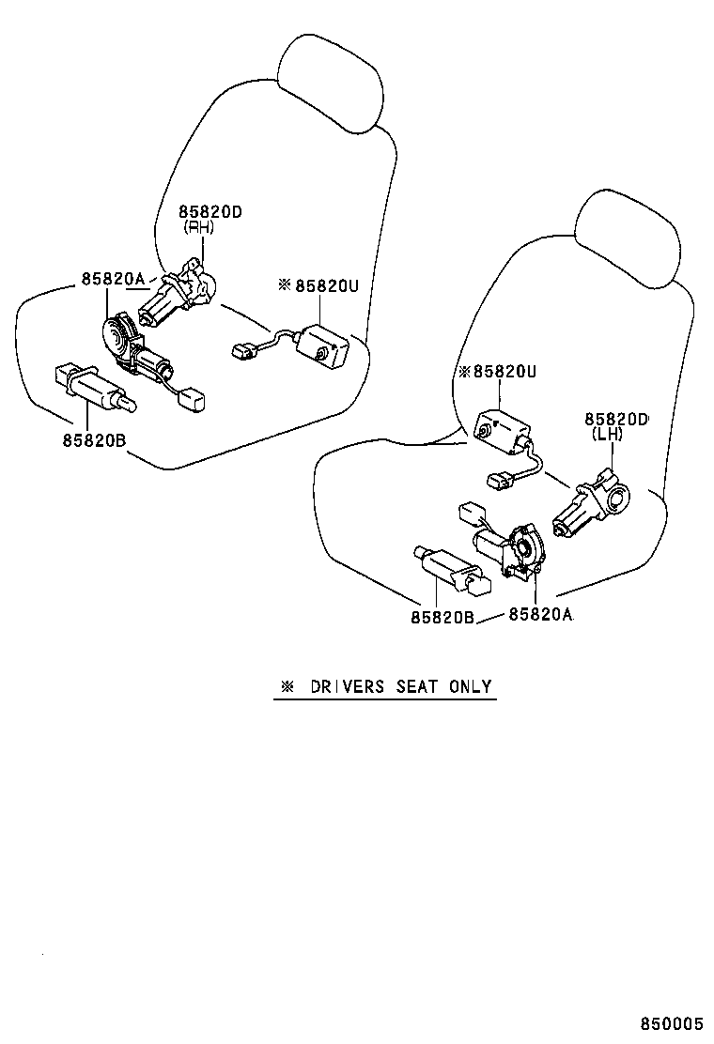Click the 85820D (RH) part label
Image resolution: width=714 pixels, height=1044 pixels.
point(210,219)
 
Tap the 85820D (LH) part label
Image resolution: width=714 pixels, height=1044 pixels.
point(615,426)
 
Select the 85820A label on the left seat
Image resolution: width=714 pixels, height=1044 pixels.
point(113,279)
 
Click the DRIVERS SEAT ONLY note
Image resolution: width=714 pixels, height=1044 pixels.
point(385,686)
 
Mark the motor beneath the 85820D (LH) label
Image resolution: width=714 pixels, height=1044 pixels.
point(590,506)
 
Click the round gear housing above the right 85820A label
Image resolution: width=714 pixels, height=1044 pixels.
point(522,548)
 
